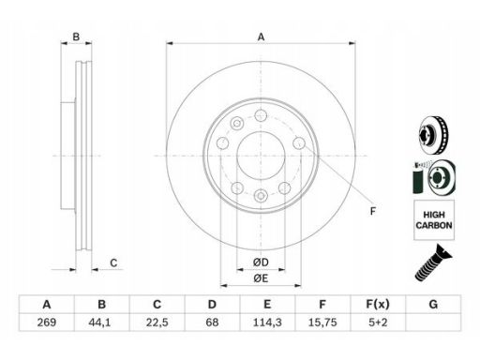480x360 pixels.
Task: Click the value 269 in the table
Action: click(x=47, y=322)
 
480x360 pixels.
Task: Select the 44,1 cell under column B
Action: click(x=99, y=322)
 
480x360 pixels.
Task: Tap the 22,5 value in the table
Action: click(x=157, y=322)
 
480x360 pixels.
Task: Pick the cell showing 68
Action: click(x=212, y=322)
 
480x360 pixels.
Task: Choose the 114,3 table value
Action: click(x=267, y=322)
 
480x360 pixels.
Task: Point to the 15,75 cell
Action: click(x=322, y=322)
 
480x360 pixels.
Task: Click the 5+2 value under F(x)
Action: click(x=378, y=322)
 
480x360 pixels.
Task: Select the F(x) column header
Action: click(x=378, y=304)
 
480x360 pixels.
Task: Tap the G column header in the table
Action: click(x=433, y=304)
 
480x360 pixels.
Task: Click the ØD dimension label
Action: click(x=261, y=262)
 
